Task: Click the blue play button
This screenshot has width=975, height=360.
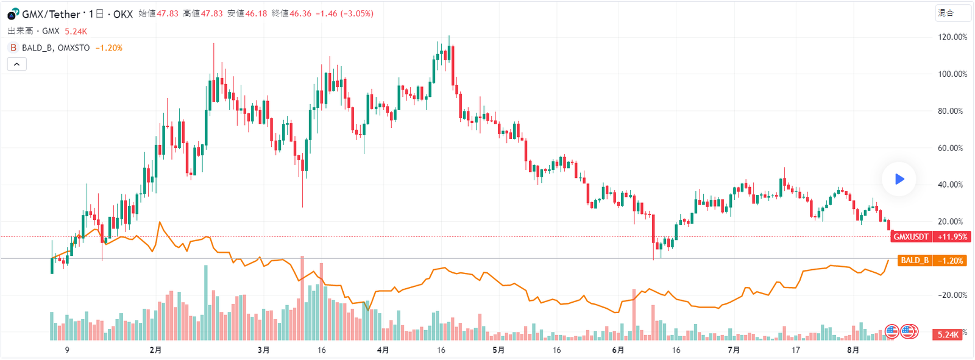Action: tap(899, 179)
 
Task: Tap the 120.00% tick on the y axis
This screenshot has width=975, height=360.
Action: tap(952, 37)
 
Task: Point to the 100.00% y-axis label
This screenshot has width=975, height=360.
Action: tap(952, 74)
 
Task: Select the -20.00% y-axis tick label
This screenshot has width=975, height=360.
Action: tap(952, 295)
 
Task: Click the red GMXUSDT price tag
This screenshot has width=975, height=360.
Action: tap(911, 237)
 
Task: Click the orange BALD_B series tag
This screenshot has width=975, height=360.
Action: tap(915, 261)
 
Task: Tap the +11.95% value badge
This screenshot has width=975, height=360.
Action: tap(952, 237)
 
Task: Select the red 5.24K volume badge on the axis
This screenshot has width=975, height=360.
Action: tap(948, 334)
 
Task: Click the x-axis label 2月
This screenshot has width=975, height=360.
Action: tap(155, 350)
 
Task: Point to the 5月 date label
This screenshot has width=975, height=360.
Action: tap(498, 350)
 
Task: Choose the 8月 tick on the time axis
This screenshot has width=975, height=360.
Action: tap(853, 350)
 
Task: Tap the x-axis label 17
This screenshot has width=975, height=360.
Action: tap(795, 350)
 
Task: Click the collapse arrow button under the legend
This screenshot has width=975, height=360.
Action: tap(16, 64)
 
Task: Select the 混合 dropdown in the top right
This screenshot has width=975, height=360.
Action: tap(952, 13)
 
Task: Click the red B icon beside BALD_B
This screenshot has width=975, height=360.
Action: tap(13, 48)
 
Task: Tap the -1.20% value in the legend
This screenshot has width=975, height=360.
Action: tap(108, 48)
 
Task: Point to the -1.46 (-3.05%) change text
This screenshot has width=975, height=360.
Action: tap(344, 13)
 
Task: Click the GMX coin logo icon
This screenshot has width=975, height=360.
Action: tap(13, 14)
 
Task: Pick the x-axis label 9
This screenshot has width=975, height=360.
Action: tap(67, 350)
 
